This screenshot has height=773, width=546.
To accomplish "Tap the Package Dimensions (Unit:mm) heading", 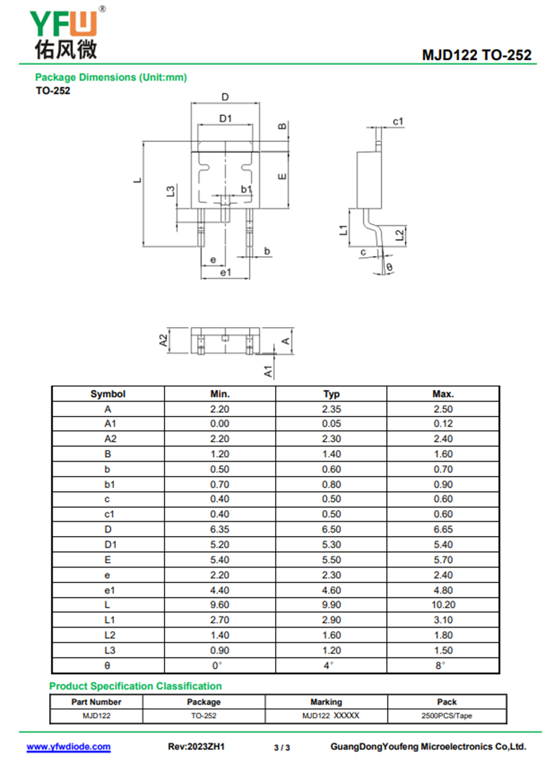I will (111, 77).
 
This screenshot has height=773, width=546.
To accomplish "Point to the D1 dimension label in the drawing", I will (226, 118).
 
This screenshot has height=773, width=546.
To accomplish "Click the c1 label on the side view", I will (399, 122).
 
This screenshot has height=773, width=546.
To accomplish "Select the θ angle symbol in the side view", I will (389, 267).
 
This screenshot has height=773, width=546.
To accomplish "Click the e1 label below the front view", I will (225, 272).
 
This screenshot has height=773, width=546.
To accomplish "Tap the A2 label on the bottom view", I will (164, 341).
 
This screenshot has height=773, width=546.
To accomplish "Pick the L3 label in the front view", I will (171, 192).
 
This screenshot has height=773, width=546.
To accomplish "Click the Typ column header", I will (331, 394).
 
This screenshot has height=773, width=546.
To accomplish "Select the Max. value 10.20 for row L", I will (443, 605).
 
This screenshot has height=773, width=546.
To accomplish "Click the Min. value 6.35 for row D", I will (220, 529).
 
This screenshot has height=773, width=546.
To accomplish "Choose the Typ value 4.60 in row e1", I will (331, 590).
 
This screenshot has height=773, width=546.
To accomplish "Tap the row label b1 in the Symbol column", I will (108, 484).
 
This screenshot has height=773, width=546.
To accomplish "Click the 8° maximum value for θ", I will (443, 665).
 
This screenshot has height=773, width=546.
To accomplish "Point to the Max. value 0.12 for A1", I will (443, 424).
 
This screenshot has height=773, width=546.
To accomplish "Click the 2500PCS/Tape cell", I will (447, 716).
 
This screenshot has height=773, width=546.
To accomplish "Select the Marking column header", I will (326, 702).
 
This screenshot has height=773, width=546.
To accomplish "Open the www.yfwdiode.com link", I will (68, 747).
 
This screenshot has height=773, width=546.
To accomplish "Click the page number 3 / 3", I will (282, 748).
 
